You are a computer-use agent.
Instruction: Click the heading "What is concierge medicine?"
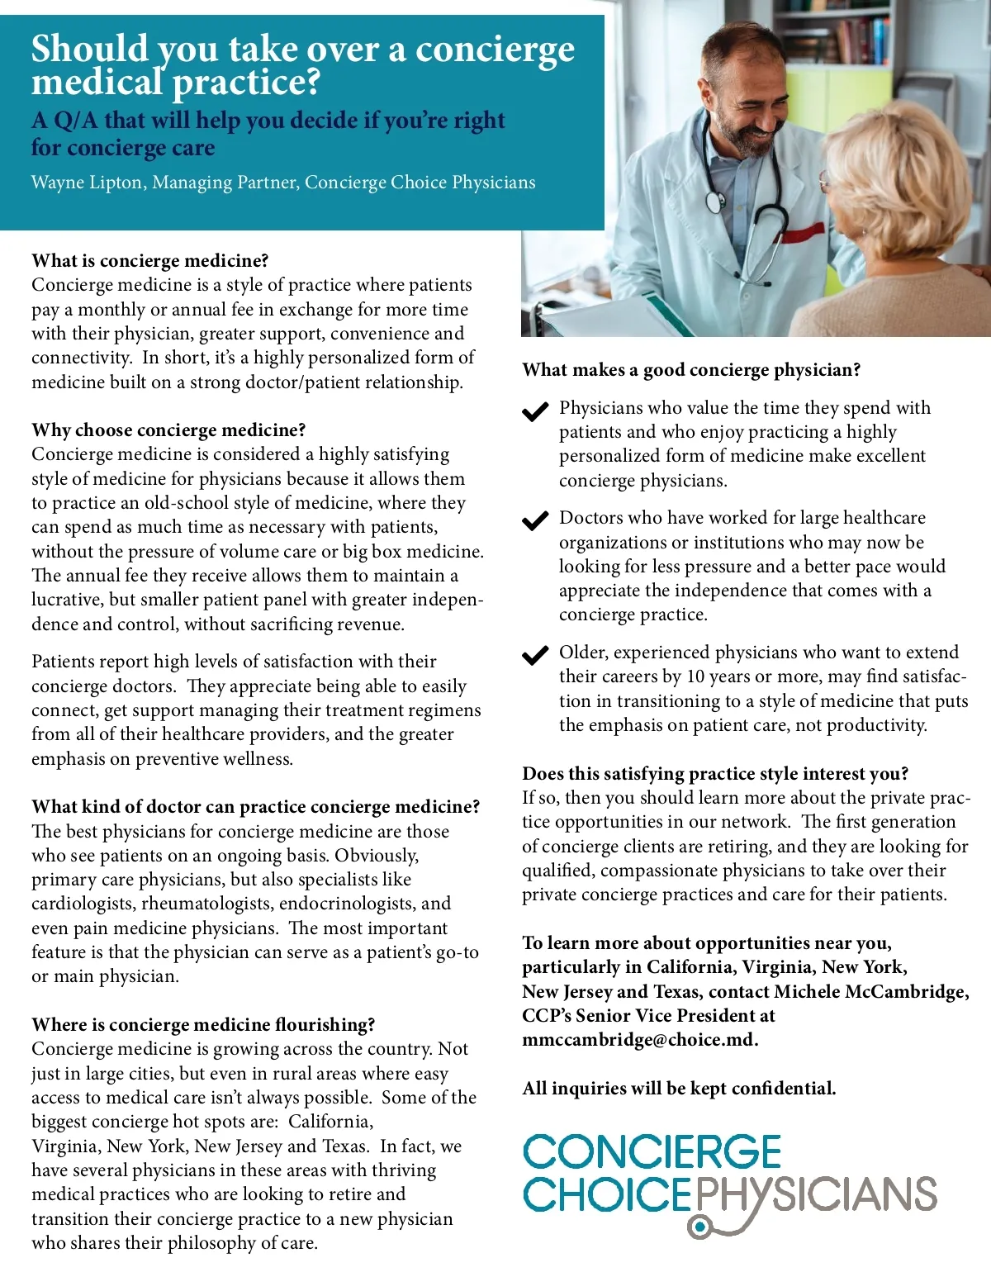[x=150, y=261]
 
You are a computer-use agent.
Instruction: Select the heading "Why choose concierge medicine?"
[x=168, y=430]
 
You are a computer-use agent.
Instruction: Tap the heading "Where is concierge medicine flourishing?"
[x=203, y=1025]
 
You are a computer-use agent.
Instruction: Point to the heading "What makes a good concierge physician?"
[x=691, y=370]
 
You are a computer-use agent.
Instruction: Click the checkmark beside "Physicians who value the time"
[x=535, y=411]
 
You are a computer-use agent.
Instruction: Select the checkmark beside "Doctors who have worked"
[x=535, y=520]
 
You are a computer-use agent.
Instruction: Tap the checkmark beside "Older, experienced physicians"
[x=535, y=655]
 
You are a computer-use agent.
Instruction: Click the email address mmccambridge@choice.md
[x=639, y=1040]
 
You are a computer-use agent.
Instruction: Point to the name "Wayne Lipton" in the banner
[x=86, y=183]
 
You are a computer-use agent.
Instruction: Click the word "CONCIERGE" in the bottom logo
[x=652, y=1152]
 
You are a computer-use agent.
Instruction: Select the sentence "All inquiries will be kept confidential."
[x=679, y=1089]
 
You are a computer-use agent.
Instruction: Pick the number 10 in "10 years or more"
[x=695, y=677]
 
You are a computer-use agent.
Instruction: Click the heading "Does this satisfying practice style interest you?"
[x=715, y=774]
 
